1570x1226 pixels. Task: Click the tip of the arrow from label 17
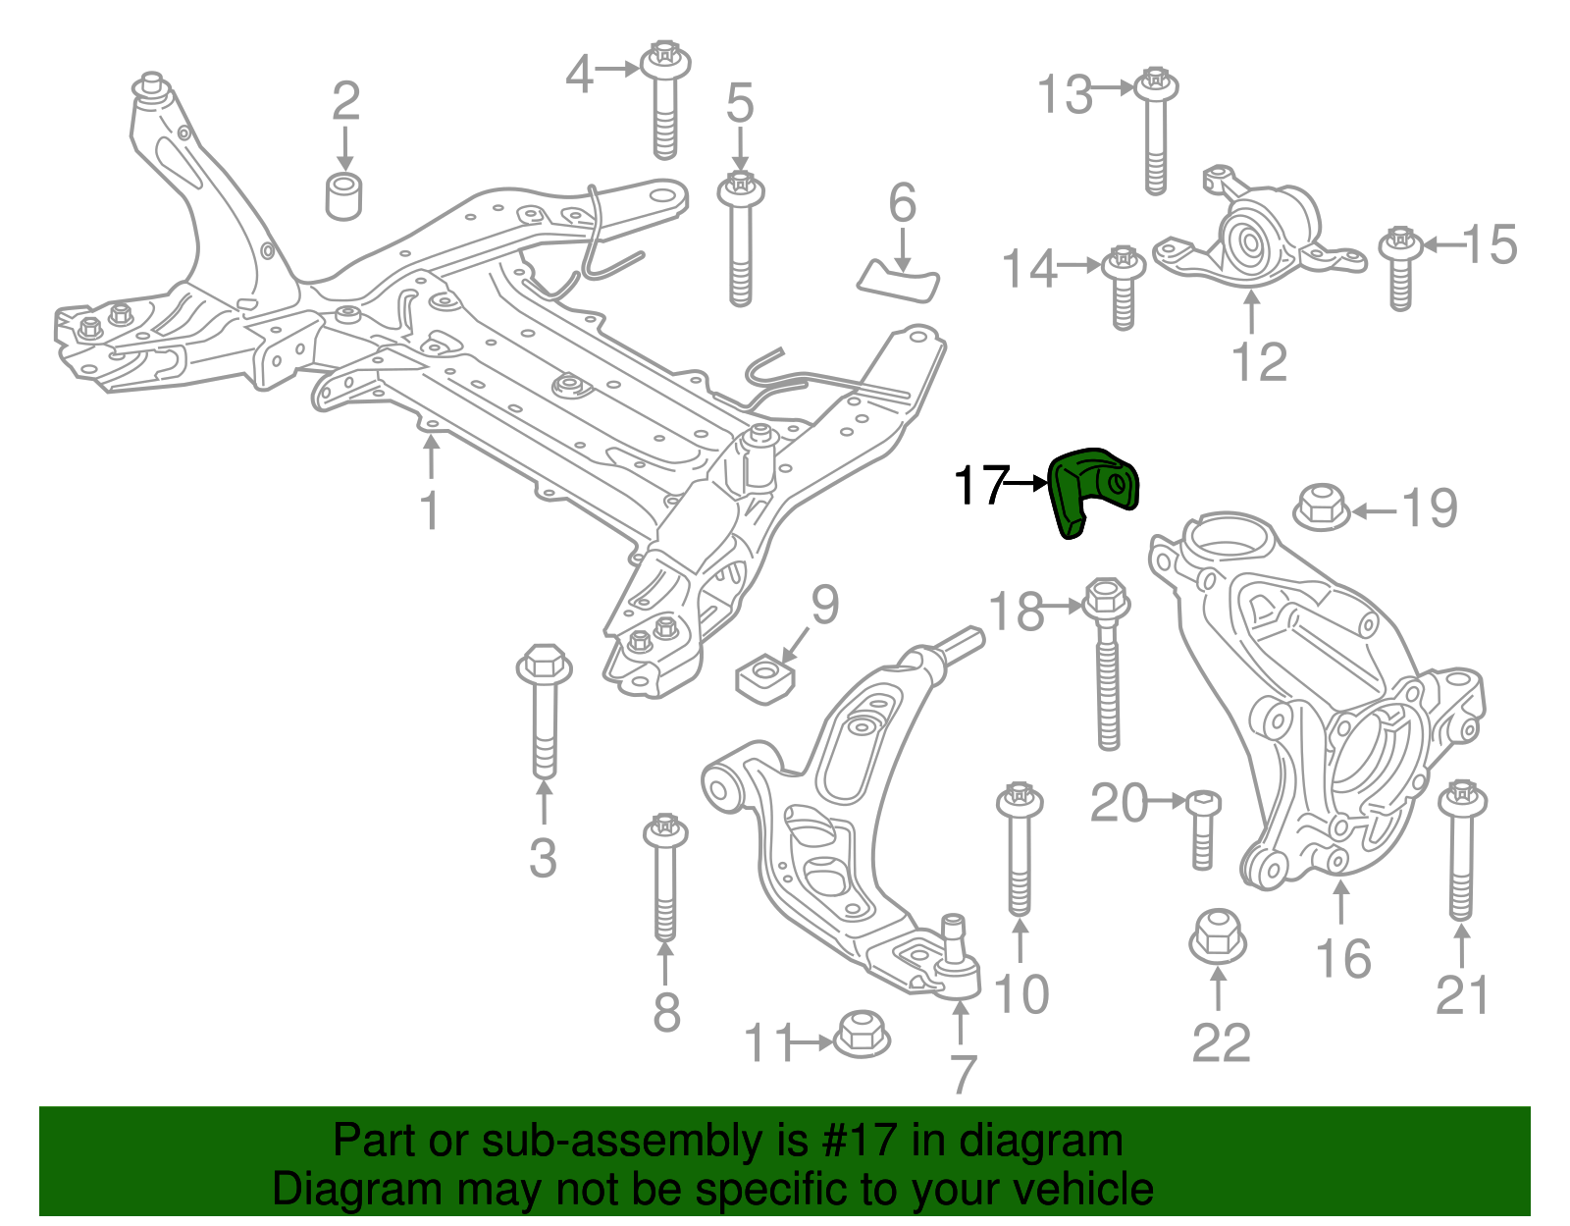[1048, 483]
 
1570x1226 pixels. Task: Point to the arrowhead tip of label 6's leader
[903, 272]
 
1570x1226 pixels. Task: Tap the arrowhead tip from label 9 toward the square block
[781, 662]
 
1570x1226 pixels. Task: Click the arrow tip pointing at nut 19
[1350, 512]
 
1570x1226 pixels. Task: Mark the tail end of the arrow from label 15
[1461, 245]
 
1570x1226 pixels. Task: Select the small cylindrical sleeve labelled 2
[343, 195]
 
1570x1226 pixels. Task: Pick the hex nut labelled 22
[1218, 937]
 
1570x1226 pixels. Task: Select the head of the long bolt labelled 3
[544, 664]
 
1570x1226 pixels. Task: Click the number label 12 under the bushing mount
[1260, 362]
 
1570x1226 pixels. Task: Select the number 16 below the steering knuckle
[1343, 959]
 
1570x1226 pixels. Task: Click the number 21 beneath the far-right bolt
[1462, 994]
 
